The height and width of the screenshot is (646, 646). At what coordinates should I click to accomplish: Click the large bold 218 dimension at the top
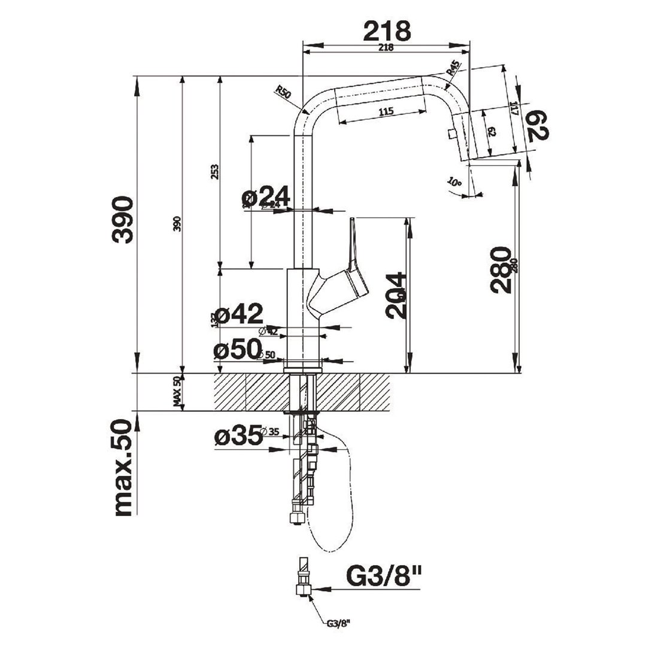(387, 31)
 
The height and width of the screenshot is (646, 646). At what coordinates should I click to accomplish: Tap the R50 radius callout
(283, 92)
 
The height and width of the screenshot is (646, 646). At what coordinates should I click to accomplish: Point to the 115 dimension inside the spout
(386, 111)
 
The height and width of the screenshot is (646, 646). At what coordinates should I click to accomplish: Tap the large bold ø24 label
(265, 196)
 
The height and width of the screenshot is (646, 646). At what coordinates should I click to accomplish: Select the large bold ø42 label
(238, 314)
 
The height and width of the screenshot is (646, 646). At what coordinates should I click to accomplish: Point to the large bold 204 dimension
(397, 295)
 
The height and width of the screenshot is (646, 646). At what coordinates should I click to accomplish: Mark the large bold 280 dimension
(501, 269)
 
